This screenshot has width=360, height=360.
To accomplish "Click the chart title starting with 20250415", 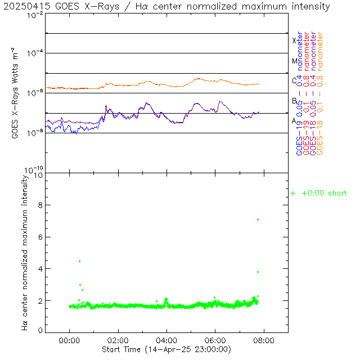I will pyautogui.click(x=167, y=7).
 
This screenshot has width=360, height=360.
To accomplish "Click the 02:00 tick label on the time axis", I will pyautogui.click(x=118, y=340).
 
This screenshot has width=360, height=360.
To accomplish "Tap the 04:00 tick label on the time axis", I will pyautogui.click(x=167, y=340).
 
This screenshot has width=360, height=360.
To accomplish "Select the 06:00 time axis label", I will pyautogui.click(x=215, y=340).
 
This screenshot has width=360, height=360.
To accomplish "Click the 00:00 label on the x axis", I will pyautogui.click(x=70, y=340).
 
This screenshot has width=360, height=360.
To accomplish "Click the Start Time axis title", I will pyautogui.click(x=167, y=350).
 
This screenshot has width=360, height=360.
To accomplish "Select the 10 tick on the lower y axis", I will pyautogui.click(x=38, y=175).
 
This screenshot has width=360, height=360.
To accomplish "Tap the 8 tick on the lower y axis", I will pyautogui.click(x=40, y=206).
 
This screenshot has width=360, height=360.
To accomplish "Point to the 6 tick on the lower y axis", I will pyautogui.click(x=40, y=237).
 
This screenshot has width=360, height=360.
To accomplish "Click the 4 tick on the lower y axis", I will pyautogui.click(x=40, y=269).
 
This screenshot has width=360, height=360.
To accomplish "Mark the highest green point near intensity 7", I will pyautogui.click(x=258, y=219).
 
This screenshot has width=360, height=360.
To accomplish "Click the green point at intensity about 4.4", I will pyautogui.click(x=80, y=261).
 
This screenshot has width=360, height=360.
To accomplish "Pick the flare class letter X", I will pyautogui.click(x=294, y=40).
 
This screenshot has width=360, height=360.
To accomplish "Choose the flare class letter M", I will pyautogui.click(x=294, y=61).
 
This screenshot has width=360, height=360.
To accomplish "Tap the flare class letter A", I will pyautogui.click(x=294, y=120).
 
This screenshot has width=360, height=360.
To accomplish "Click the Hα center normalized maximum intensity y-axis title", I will pyautogui.click(x=24, y=252).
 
